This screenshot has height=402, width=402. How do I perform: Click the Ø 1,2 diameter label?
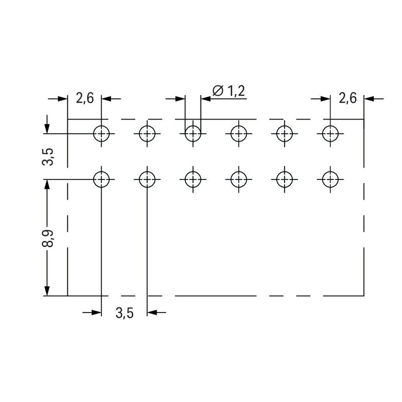pyautogui.click(x=229, y=91)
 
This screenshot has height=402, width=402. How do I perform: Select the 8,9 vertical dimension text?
pyautogui.click(x=47, y=238)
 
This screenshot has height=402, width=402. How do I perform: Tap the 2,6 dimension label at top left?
pyautogui.click(x=85, y=98)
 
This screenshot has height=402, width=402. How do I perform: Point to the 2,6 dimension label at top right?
pyautogui.click(x=348, y=98)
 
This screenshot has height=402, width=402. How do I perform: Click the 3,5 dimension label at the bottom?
pyautogui.click(x=125, y=313)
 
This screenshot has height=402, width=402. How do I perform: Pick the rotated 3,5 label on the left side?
pyautogui.click(x=47, y=157)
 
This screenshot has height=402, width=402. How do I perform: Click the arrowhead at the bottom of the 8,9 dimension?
pyautogui.click(x=47, y=291)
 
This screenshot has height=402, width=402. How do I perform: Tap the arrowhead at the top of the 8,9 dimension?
pyautogui.click(x=47, y=184)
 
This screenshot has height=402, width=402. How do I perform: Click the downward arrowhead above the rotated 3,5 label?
pyautogui.click(x=47, y=129)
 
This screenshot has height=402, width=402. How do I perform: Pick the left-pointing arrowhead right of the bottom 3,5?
pyautogui.click(x=152, y=313)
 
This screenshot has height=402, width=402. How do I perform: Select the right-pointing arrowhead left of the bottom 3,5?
pyautogui.click(x=96, y=313)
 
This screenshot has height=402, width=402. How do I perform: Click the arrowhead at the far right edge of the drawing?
pyautogui.click(x=369, y=98)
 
